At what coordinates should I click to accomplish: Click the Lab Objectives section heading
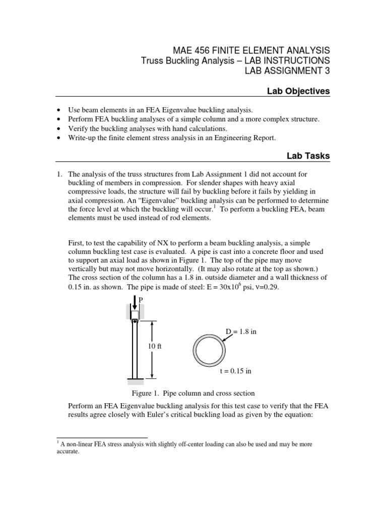(x=301, y=91)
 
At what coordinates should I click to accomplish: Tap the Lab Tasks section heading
(x=308, y=156)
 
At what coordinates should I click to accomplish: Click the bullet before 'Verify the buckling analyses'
(x=60, y=128)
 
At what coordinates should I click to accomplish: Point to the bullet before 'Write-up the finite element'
(x=60, y=138)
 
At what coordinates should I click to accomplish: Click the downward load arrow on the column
(x=135, y=303)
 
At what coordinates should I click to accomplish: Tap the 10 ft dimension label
(x=154, y=347)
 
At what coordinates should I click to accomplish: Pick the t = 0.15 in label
(x=236, y=371)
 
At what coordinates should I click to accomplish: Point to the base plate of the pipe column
(x=135, y=378)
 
